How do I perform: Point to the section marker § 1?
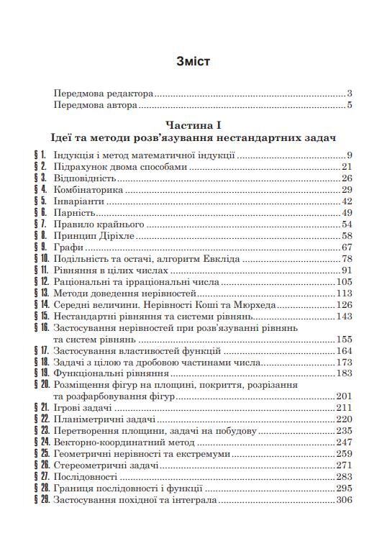coord(40,155)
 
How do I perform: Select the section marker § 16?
coord(40,328)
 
